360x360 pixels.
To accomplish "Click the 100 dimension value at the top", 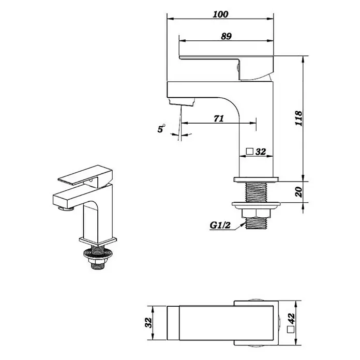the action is [x=220, y=14].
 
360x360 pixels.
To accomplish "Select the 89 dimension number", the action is [x=227, y=36].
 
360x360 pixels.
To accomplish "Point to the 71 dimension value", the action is [x=219, y=118].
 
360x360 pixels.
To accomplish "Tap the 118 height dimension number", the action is [x=298, y=118].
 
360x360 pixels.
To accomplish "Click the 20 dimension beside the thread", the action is [x=298, y=192].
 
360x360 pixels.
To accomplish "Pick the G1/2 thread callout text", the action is [x=220, y=225].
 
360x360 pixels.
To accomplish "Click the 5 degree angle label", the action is [x=160, y=129].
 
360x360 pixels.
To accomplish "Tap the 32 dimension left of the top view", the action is [x=148, y=323].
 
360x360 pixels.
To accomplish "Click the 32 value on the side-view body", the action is [x=261, y=152].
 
